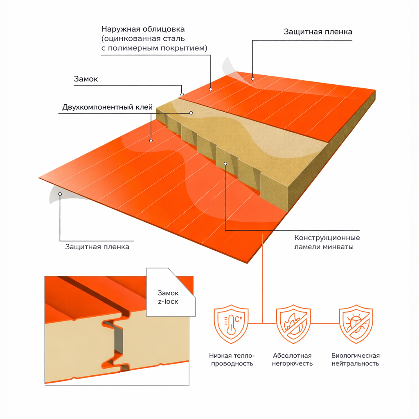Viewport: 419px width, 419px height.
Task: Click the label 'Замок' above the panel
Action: tap(86, 79)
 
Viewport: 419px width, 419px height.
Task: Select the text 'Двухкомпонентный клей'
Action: tap(108, 107)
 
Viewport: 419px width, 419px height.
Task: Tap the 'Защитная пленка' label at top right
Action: tap(318, 32)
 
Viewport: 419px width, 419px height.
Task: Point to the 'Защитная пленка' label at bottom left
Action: tap(97, 247)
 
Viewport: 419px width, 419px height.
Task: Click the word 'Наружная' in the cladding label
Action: tap(121, 29)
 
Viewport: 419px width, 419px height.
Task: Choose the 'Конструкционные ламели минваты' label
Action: tap(327, 242)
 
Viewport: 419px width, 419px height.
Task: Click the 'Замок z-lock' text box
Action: tap(168, 297)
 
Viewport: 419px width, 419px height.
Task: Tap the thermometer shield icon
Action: tap(231, 324)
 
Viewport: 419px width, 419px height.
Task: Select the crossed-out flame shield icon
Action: tap(293, 324)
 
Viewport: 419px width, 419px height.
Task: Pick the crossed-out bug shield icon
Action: tap(356, 324)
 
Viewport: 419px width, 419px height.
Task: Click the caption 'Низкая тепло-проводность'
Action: tap(232, 359)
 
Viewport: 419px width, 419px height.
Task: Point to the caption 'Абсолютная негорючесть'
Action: tap(292, 359)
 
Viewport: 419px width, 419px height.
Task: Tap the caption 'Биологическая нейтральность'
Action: tap(356, 359)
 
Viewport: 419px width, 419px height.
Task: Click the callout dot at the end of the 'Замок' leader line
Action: tap(182, 95)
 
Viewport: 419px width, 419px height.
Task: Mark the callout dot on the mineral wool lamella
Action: tap(225, 164)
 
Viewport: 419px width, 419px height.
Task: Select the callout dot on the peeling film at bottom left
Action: tap(60, 194)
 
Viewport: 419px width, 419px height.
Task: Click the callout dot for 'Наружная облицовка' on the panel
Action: tap(211, 90)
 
